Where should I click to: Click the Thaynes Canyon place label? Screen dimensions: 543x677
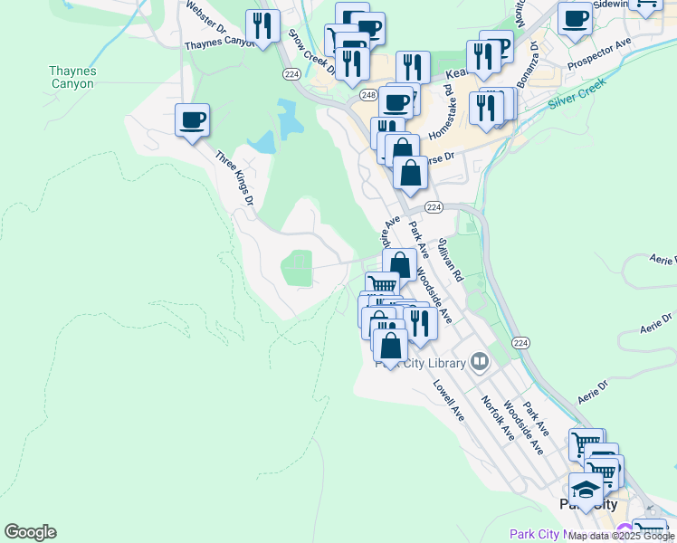[x=72, y=77]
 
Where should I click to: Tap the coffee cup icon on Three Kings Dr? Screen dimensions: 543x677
[x=193, y=119]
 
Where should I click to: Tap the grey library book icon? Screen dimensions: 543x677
[x=480, y=364]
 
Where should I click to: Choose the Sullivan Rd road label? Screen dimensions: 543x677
[x=450, y=261]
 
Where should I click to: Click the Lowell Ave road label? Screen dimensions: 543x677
[x=448, y=399]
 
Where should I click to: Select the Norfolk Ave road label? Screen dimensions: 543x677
[x=498, y=418]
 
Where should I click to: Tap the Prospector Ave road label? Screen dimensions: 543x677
[x=599, y=55]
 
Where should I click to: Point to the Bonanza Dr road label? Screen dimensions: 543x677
[x=528, y=63]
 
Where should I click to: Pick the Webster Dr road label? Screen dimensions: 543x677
[x=205, y=17]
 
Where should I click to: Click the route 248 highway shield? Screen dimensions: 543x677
[x=367, y=94]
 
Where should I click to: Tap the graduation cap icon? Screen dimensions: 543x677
[x=586, y=490]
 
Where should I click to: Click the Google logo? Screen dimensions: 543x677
[x=30, y=532]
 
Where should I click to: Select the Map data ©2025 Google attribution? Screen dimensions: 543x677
[x=622, y=536]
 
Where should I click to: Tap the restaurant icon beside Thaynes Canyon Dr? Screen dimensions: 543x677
[x=262, y=26]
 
